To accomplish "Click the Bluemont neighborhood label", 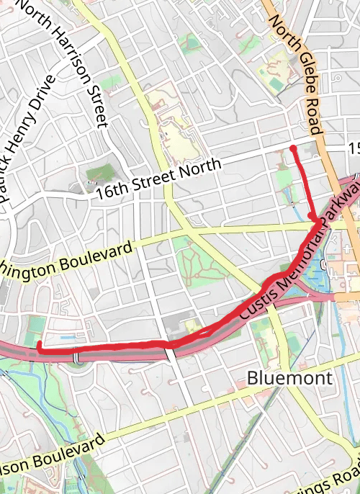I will pyautogui.click(x=289, y=377).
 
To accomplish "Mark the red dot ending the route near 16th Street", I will pyautogui.click(x=293, y=149).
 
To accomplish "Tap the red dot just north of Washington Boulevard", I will pyautogui.click(x=312, y=215).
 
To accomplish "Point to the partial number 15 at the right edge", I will pyautogui.click(x=354, y=148).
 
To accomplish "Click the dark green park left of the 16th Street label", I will pyautogui.click(x=101, y=173).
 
